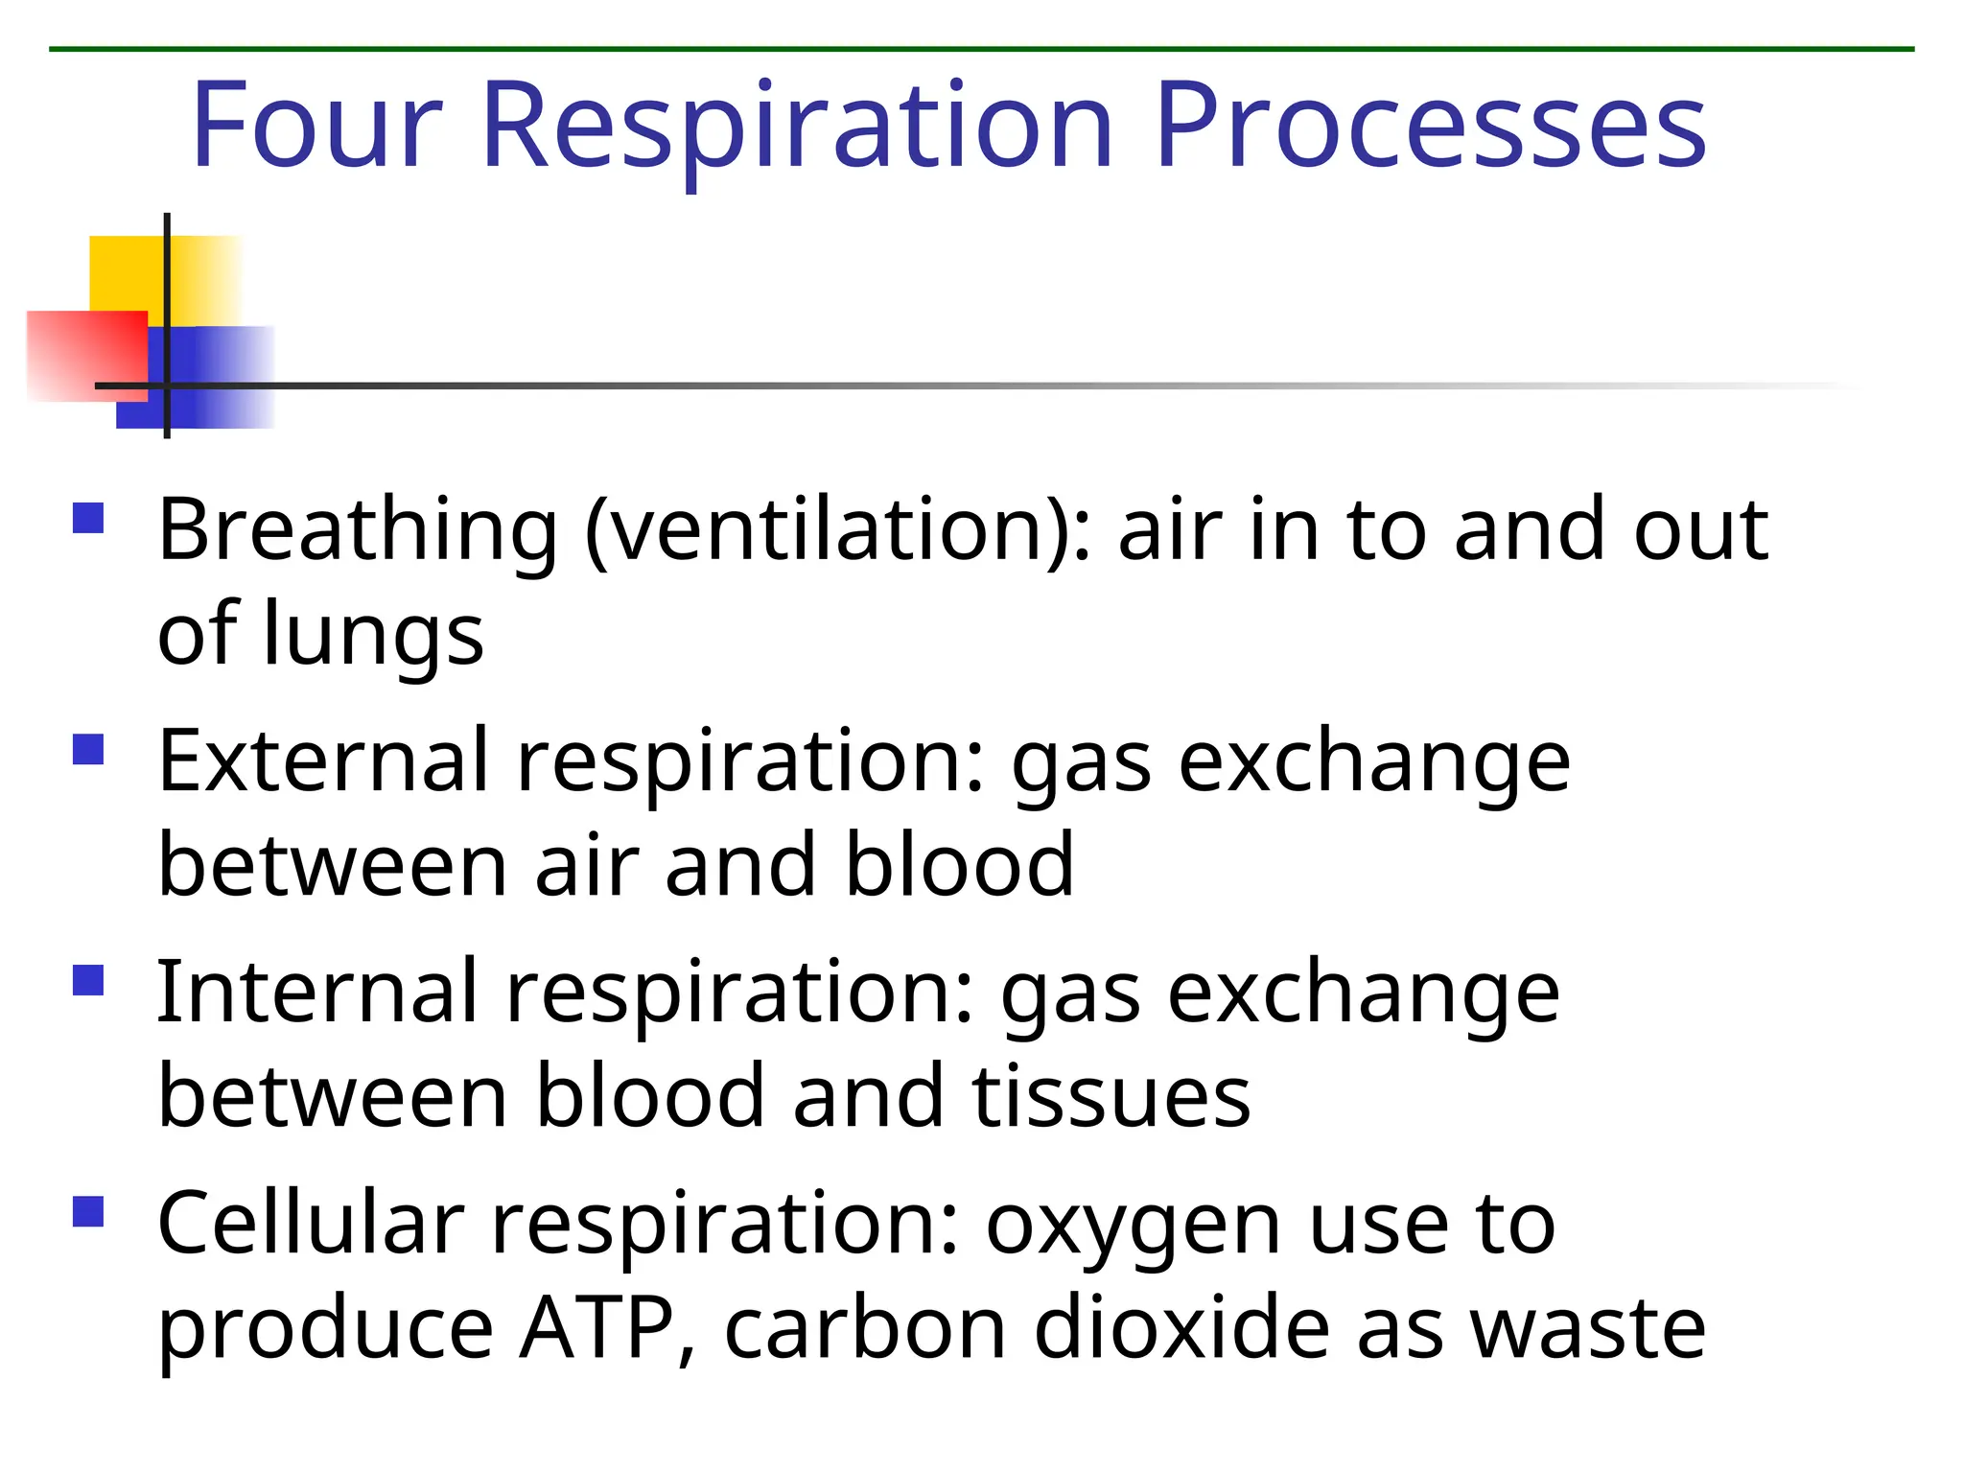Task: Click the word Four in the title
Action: [316, 126]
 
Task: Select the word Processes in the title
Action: [1430, 126]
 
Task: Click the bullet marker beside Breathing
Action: [88, 518]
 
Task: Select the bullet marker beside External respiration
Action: [88, 749]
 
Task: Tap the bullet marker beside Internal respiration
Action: [88, 980]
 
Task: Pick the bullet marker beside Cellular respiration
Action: [88, 1211]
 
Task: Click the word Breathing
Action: [357, 531]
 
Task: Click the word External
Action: [323, 761]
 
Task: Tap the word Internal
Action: [317, 993]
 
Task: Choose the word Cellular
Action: [311, 1224]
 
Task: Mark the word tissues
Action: [1111, 1097]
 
